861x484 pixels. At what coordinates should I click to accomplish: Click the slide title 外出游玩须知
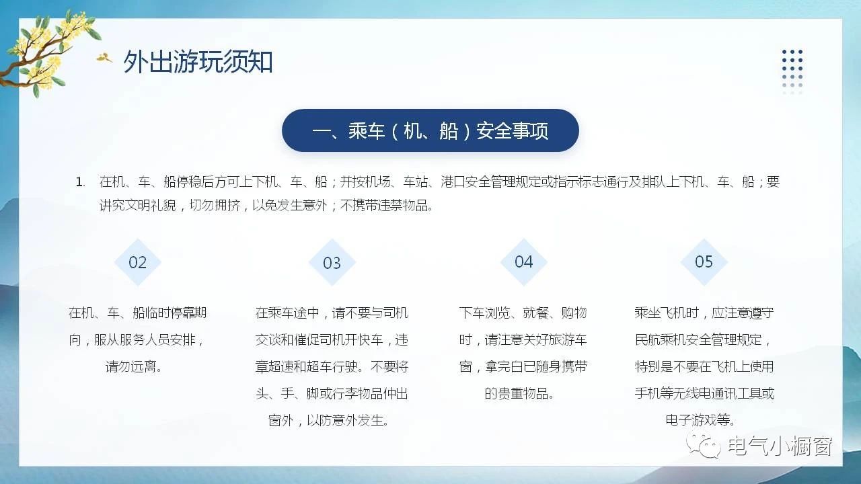pyautogui.click(x=198, y=61)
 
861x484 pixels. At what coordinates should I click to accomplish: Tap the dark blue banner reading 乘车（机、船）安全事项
pyautogui.click(x=430, y=130)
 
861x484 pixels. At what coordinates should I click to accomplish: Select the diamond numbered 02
pyautogui.click(x=138, y=262)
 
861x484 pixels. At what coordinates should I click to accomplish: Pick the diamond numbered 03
pyautogui.click(x=332, y=263)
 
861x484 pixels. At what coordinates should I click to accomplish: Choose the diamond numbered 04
pyautogui.click(x=523, y=262)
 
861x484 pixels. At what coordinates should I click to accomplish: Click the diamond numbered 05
pyautogui.click(x=704, y=262)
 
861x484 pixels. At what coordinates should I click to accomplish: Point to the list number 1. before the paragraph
pyautogui.click(x=80, y=182)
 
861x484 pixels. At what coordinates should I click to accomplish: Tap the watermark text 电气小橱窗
pyautogui.click(x=780, y=446)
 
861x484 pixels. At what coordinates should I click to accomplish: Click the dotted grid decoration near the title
pyautogui.click(x=792, y=71)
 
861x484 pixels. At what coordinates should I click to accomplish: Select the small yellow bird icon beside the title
pyautogui.click(x=104, y=57)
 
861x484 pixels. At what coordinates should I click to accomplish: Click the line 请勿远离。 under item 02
pyautogui.click(x=134, y=366)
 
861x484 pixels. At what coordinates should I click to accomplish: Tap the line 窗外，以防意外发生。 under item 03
pyautogui.click(x=328, y=420)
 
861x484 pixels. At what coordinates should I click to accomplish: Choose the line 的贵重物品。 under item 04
pyautogui.click(x=519, y=393)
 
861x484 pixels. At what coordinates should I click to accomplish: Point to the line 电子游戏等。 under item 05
pyautogui.click(x=700, y=420)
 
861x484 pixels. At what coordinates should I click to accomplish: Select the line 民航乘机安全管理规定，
pyautogui.click(x=703, y=339)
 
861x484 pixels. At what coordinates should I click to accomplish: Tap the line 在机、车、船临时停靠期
pyautogui.click(x=138, y=313)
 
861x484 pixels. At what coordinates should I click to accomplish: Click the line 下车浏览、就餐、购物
pyautogui.click(x=523, y=313)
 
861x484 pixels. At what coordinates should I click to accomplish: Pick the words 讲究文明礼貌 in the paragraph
pyautogui.click(x=138, y=206)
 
